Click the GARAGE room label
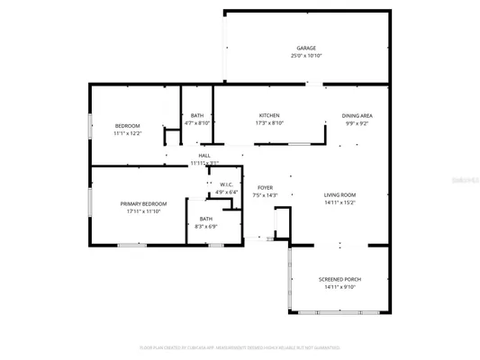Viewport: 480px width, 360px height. [306, 48]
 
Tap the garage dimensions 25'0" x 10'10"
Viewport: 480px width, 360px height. [306, 56]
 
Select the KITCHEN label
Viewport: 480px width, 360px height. [269, 116]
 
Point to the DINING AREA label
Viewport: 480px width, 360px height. [357, 116]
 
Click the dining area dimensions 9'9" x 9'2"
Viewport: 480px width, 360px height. [357, 124]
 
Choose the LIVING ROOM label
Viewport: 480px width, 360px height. [340, 195]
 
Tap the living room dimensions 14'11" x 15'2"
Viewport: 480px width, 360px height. [340, 203]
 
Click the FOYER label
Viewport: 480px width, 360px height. [265, 187]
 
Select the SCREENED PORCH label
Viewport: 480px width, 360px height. [338, 280]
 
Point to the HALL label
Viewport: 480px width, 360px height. [204, 155]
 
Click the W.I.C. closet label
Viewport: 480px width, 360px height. [227, 184]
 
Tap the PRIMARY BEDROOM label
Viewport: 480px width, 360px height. [140, 204]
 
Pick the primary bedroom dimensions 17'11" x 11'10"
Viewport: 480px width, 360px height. [140, 212]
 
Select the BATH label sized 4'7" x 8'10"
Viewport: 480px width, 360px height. [196, 116]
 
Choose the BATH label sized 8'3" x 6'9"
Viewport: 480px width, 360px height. [206, 219]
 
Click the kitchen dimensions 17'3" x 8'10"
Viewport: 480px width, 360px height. [269, 124]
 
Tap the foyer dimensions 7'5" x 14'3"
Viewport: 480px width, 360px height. [265, 195]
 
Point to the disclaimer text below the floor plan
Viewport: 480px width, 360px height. [240, 347]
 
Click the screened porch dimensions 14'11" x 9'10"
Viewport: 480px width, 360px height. [338, 288]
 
